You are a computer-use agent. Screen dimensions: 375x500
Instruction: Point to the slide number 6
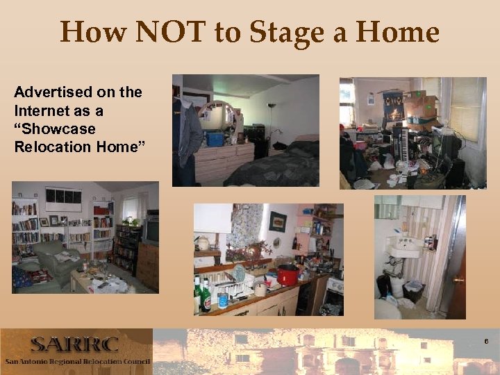coord(487,342)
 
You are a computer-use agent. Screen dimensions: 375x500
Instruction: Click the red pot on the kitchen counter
coord(287,275)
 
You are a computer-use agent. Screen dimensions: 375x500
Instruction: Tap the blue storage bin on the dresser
coord(215,139)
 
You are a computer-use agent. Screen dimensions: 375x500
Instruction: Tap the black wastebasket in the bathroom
coord(415,292)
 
